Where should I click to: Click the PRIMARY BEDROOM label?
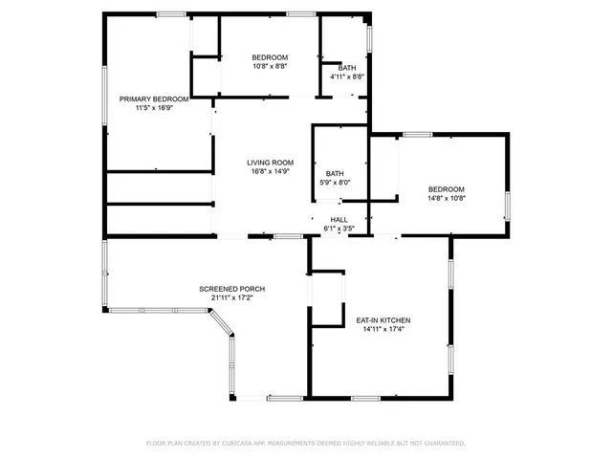[153, 98]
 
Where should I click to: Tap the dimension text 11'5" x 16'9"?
[153, 108]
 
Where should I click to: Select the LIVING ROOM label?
[270, 163]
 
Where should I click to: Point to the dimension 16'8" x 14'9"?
[270, 172]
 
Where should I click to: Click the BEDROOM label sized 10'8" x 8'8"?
[270, 56]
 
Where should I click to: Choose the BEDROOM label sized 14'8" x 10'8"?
[446, 189]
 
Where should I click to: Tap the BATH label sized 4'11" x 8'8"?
[346, 67]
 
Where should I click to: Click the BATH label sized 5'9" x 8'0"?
[335, 173]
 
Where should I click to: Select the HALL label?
[339, 219]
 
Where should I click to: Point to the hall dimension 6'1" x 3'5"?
[339, 229]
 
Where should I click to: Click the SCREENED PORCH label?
[231, 289]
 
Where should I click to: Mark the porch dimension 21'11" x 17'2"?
[231, 298]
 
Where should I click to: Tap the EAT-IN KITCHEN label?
[383, 320]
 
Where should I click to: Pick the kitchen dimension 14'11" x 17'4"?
[383, 330]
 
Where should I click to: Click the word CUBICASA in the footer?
[245, 444]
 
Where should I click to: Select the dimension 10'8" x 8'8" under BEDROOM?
[270, 66]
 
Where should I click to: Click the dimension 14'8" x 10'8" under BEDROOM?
[446, 199]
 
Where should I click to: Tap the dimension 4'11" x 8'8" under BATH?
[346, 76]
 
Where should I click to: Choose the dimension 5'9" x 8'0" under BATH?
[335, 183]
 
